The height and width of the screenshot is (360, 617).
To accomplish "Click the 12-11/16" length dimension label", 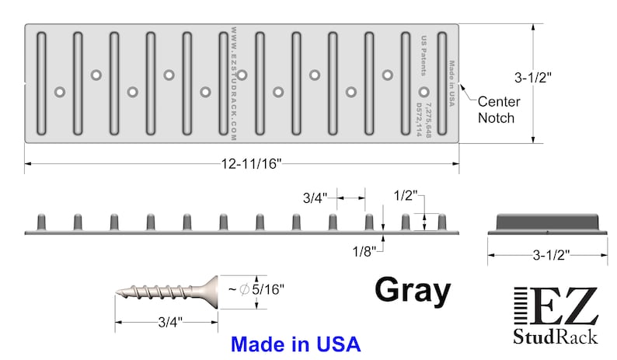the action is click(x=252, y=163).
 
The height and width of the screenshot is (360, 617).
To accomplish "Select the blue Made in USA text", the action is click(x=295, y=344).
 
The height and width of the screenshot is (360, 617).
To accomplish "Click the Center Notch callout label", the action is click(x=499, y=110).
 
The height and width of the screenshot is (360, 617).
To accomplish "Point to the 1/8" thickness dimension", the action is click(x=364, y=251).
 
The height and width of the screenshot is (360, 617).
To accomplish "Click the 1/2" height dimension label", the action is click(x=405, y=195).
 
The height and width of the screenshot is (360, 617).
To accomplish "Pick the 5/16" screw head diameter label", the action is click(x=267, y=289).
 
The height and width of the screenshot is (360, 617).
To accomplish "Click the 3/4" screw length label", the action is click(x=170, y=322).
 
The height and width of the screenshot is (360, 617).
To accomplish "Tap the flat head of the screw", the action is click(x=211, y=292).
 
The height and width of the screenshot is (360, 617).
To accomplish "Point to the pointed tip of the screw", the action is click(x=117, y=292).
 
